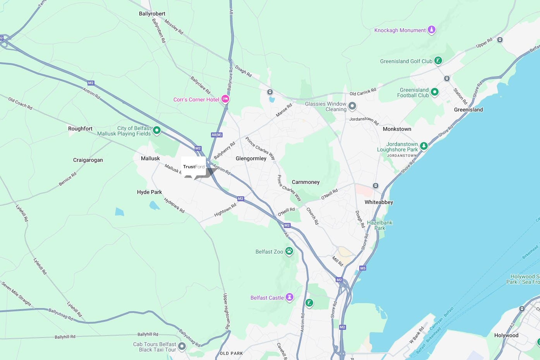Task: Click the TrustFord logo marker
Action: [x=194, y=167]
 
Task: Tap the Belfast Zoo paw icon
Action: [x=289, y=251]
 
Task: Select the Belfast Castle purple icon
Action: [x=289, y=297]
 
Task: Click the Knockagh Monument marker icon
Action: [x=431, y=30]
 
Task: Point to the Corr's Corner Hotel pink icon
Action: [x=225, y=99]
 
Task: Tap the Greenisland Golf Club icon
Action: [x=438, y=60]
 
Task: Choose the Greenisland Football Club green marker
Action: [x=434, y=92]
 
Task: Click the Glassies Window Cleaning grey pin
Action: [x=352, y=106]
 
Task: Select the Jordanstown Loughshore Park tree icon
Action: [x=424, y=146]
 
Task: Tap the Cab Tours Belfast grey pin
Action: [x=182, y=346]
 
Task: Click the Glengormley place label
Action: [x=251, y=158]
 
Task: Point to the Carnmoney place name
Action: [x=305, y=182]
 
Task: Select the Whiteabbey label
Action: [x=379, y=202]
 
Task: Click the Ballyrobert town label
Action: [x=152, y=14]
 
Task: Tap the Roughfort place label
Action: [x=80, y=129]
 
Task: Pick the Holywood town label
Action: [x=506, y=335]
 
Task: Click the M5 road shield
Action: [x=363, y=268]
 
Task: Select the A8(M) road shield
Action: [x=216, y=135]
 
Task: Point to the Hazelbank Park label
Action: [x=379, y=225]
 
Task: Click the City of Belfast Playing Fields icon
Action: [x=157, y=130]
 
